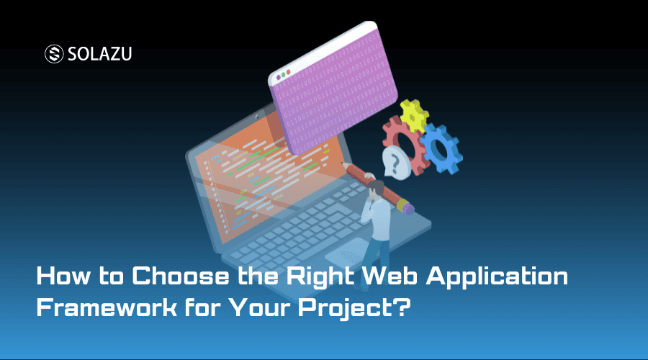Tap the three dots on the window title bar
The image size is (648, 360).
(x=283, y=73)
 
